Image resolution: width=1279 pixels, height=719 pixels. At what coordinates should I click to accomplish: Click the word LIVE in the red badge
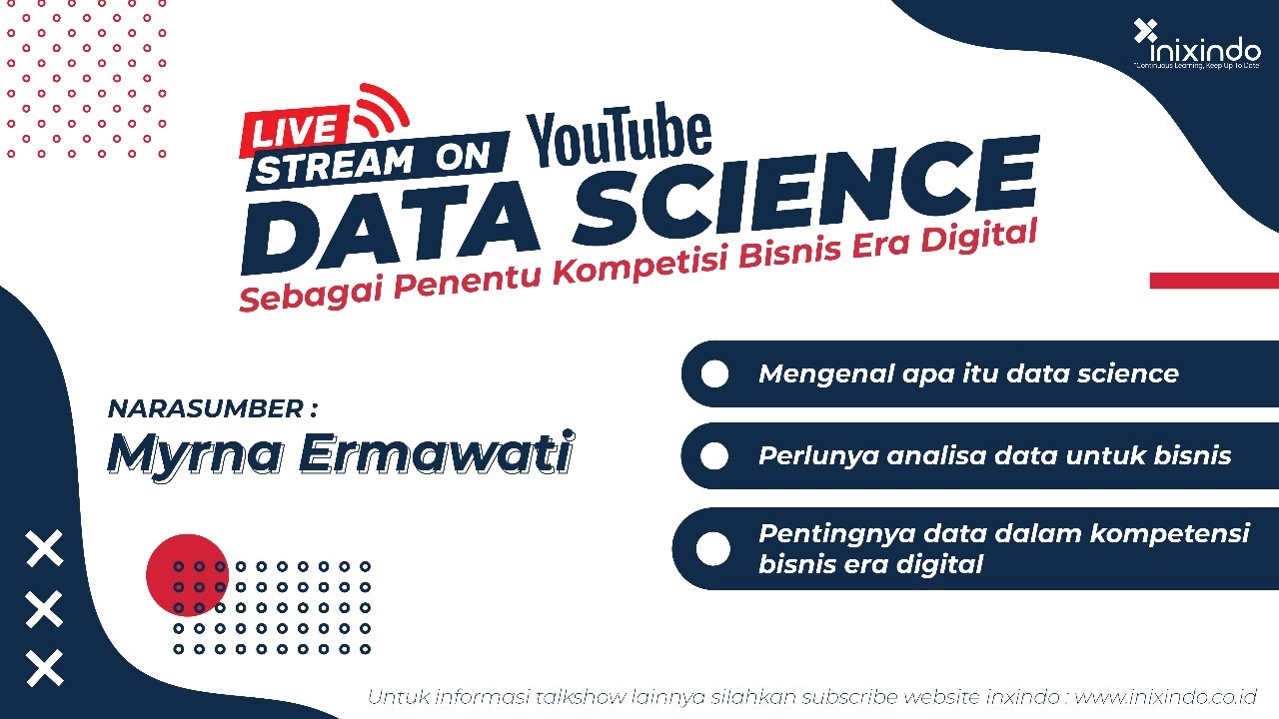pos(295,131)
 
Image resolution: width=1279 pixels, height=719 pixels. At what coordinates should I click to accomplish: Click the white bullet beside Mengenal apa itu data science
pos(714,373)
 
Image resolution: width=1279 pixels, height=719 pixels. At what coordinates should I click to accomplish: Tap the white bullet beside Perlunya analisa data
pos(714,455)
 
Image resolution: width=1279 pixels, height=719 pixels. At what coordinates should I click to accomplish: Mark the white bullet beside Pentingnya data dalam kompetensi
pos(712,548)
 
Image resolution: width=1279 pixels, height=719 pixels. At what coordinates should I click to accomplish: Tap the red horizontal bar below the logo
pos(1214,281)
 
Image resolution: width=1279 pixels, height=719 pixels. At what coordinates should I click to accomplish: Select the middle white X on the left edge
pos(44,608)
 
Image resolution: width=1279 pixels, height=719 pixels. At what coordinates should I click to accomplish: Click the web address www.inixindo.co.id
pos(1165,696)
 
